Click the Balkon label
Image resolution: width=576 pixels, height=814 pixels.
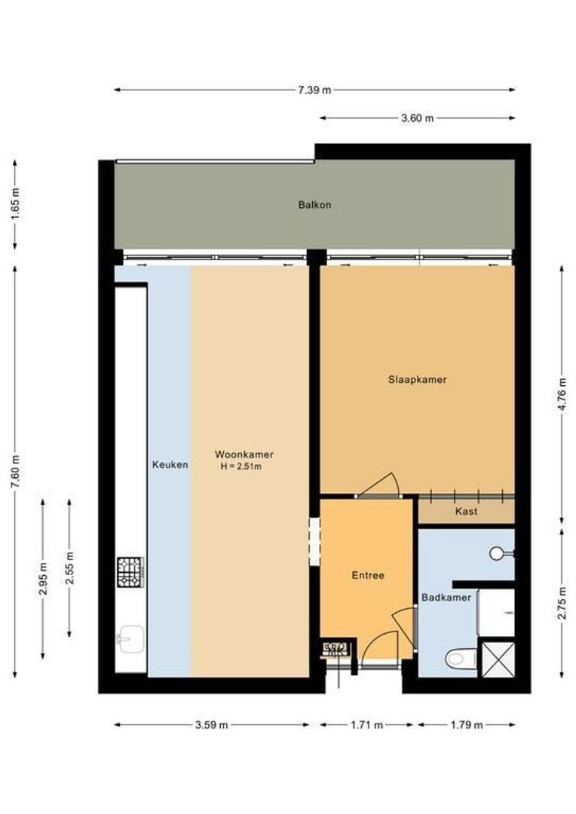coord(314,204)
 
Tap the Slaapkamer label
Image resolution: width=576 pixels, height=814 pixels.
coord(417,379)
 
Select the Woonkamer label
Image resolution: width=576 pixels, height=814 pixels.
coord(244,454)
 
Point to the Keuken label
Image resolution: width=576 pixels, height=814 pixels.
coord(170,464)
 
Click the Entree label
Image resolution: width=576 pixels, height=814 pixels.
coord(368,575)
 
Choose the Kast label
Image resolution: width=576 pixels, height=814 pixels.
coord(466,511)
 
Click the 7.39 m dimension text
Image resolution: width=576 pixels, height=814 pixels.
coord(314,90)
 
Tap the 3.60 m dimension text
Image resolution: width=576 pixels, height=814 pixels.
coord(417,118)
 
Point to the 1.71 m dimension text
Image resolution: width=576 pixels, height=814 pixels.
coord(366,725)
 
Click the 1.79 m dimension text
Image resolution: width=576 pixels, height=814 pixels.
coord(466,725)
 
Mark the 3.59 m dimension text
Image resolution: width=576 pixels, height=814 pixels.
coord(211,725)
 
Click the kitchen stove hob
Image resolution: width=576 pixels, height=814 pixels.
coord(130,571)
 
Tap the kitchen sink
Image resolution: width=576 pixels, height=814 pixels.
coord(129,639)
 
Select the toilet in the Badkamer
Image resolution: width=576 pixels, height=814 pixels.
coord(460,659)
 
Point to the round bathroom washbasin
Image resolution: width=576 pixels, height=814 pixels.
coord(498,554)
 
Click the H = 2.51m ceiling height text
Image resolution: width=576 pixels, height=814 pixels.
coord(241,467)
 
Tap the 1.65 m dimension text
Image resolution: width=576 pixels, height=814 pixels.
coord(16,202)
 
